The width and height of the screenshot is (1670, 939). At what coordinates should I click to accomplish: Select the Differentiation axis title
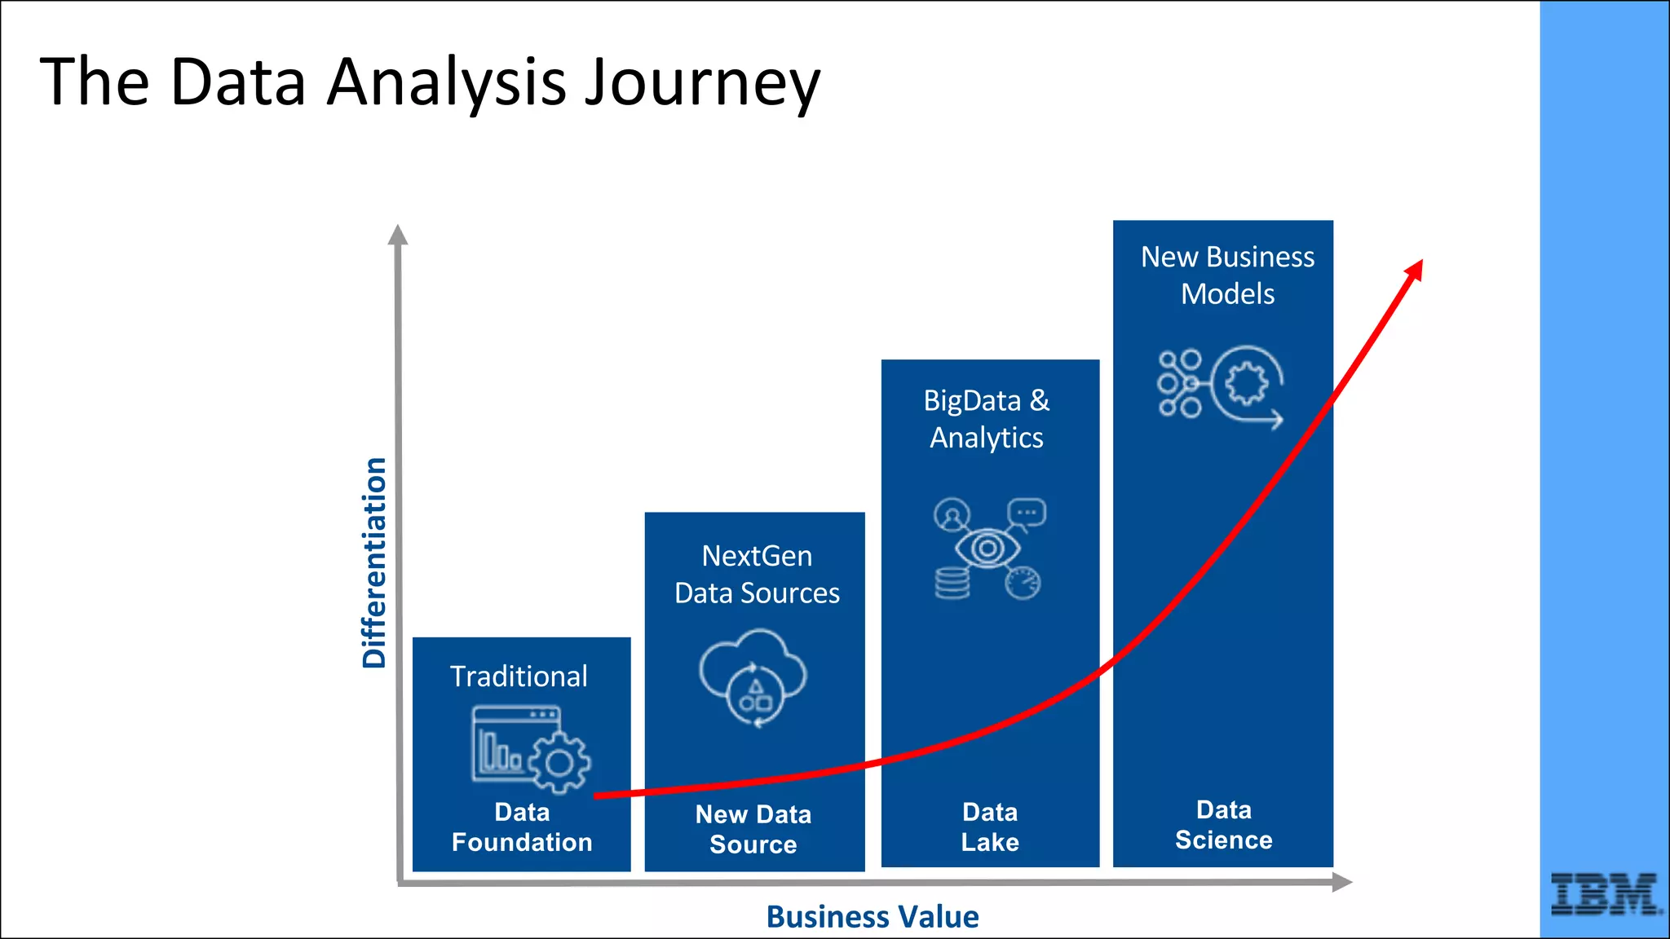pyautogui.click(x=374, y=562)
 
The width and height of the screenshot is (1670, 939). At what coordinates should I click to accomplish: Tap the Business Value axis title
pyautogui.click(x=872, y=917)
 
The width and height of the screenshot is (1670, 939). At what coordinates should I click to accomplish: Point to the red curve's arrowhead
pyautogui.click(x=1415, y=271)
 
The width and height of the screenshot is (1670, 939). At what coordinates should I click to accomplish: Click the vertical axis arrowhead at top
pyautogui.click(x=397, y=236)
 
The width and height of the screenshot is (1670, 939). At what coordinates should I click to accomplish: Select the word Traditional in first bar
pyautogui.click(x=519, y=677)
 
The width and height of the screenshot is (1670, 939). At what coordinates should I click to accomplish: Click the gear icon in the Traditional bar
pyautogui.click(x=559, y=763)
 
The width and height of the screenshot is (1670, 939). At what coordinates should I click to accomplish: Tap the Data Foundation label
pyautogui.click(x=522, y=827)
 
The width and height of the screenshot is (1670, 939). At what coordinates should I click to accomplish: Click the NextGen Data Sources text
pyautogui.click(x=757, y=575)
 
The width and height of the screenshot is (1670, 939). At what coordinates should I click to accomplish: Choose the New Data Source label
pyautogui.click(x=753, y=829)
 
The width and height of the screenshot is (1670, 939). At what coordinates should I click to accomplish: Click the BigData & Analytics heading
pyautogui.click(x=987, y=419)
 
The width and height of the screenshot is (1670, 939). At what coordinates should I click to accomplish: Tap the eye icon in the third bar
pyautogui.click(x=987, y=548)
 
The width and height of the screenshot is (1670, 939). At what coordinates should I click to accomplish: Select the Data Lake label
pyautogui.click(x=990, y=827)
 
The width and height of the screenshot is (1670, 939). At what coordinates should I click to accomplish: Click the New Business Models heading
pyautogui.click(x=1227, y=276)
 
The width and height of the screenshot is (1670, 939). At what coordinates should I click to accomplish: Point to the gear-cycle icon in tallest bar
pyautogui.click(x=1245, y=384)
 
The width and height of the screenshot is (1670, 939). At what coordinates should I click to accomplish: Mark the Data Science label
pyautogui.click(x=1223, y=825)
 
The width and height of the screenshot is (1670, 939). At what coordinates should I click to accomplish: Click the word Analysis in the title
pyautogui.click(x=446, y=83)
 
